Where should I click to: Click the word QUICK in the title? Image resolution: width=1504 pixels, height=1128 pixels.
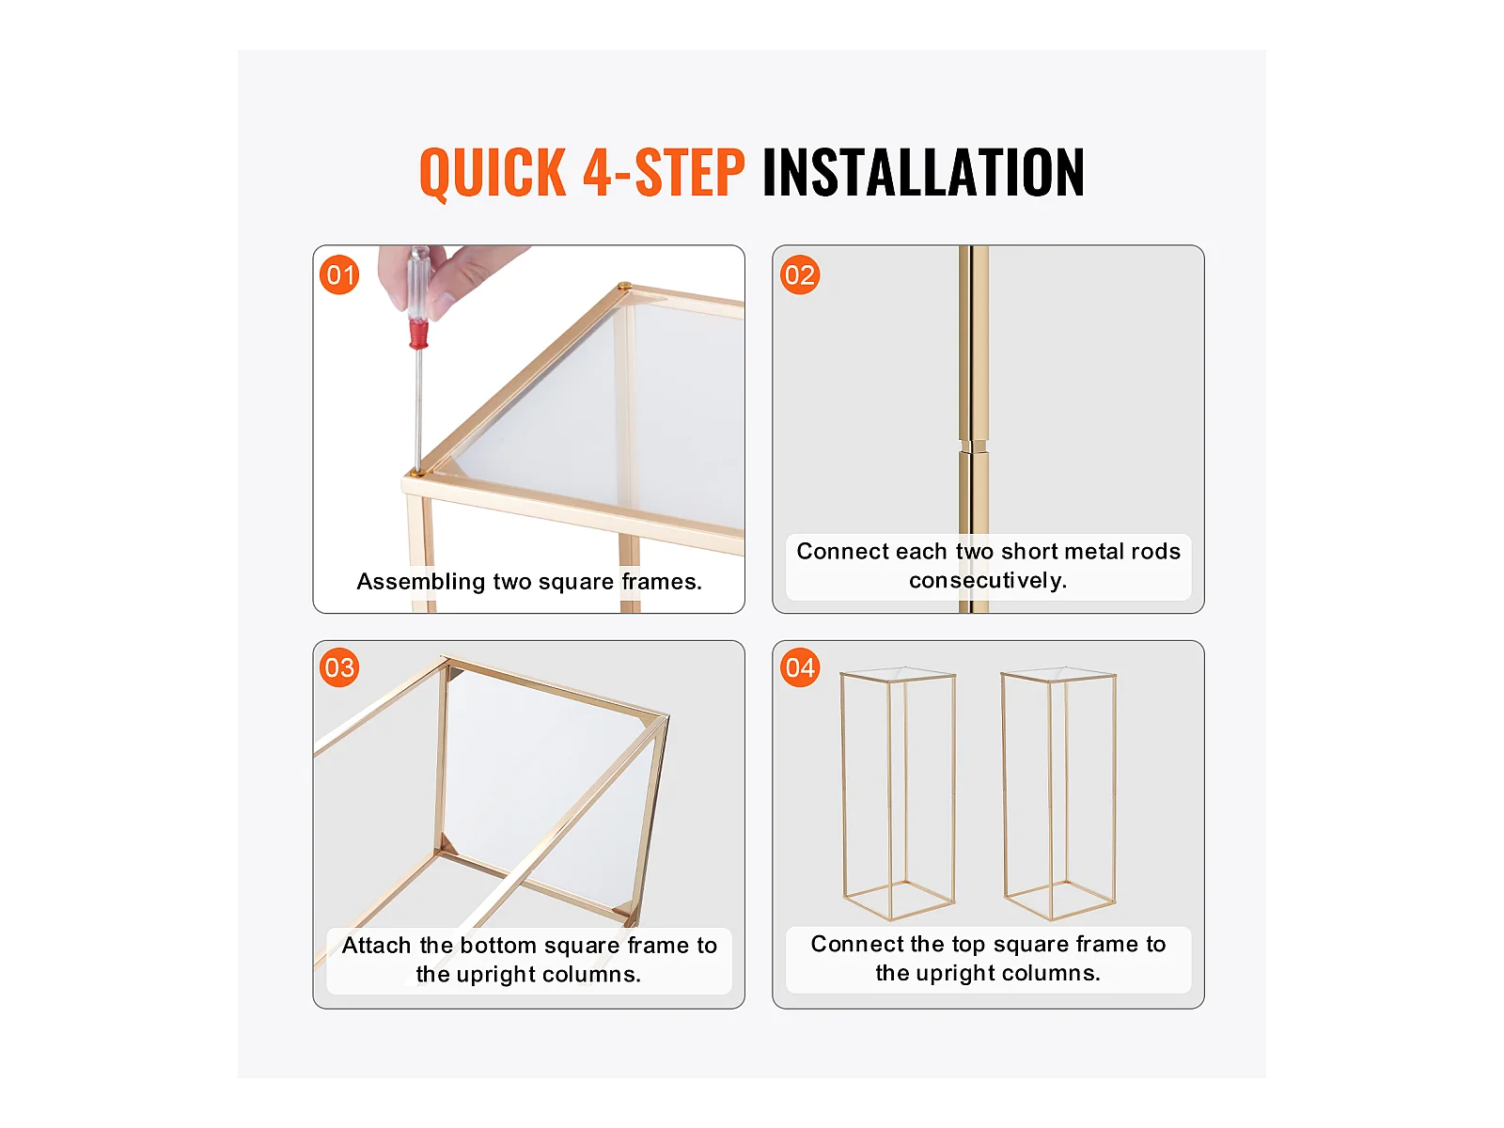pyautogui.click(x=493, y=173)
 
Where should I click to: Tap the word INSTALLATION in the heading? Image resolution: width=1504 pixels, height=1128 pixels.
pyautogui.click(x=923, y=172)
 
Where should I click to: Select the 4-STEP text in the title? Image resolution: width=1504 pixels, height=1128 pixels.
pyautogui.click(x=664, y=172)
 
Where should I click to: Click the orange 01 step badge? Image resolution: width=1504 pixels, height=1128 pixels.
pyautogui.click(x=339, y=274)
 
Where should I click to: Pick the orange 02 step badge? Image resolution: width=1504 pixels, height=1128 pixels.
pyautogui.click(x=800, y=274)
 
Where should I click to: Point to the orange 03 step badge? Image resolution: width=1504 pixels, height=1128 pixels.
pyautogui.click(x=339, y=667)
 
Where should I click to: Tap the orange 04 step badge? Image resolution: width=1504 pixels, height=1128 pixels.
pyautogui.click(x=800, y=667)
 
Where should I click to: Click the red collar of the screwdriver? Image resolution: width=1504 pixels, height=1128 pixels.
pyautogui.click(x=418, y=335)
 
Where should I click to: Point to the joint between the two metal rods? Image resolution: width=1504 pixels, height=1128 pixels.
pyautogui.click(x=973, y=446)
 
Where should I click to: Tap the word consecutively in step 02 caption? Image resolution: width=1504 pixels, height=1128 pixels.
pyautogui.click(x=988, y=581)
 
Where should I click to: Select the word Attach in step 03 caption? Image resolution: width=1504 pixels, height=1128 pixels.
pyautogui.click(x=376, y=945)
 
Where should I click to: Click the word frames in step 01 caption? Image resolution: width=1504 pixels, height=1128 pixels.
pyautogui.click(x=661, y=582)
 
